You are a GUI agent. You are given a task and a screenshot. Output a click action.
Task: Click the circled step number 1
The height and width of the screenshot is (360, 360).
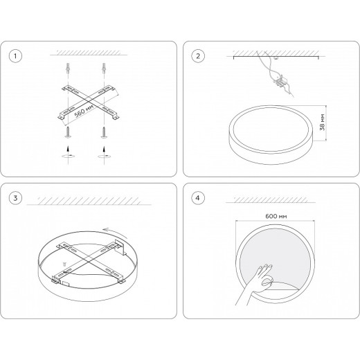15,56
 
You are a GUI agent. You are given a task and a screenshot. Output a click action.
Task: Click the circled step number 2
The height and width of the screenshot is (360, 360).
198,56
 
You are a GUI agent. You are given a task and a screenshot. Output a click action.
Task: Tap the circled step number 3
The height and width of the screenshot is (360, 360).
15,198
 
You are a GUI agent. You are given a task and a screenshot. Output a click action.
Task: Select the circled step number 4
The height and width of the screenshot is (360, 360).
198,198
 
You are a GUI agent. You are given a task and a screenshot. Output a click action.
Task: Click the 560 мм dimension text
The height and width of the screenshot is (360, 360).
84,111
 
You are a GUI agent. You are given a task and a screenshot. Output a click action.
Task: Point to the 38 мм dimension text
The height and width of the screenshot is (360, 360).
323,123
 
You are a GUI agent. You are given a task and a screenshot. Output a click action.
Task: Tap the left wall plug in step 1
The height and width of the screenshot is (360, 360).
68,69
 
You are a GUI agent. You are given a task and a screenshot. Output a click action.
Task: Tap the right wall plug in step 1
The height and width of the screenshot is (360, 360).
104,69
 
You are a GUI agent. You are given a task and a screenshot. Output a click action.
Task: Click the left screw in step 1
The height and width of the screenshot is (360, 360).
68,132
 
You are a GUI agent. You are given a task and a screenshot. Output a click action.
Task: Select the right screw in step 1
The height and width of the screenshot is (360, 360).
104,132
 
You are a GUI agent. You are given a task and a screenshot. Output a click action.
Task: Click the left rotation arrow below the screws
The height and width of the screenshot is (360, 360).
68,156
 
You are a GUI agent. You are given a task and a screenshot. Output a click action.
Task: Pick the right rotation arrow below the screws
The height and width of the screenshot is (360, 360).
104,156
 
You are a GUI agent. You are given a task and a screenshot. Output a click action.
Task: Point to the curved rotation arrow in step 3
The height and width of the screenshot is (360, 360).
115,232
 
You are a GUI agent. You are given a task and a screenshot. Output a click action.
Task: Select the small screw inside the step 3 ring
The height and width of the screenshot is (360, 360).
64,264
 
